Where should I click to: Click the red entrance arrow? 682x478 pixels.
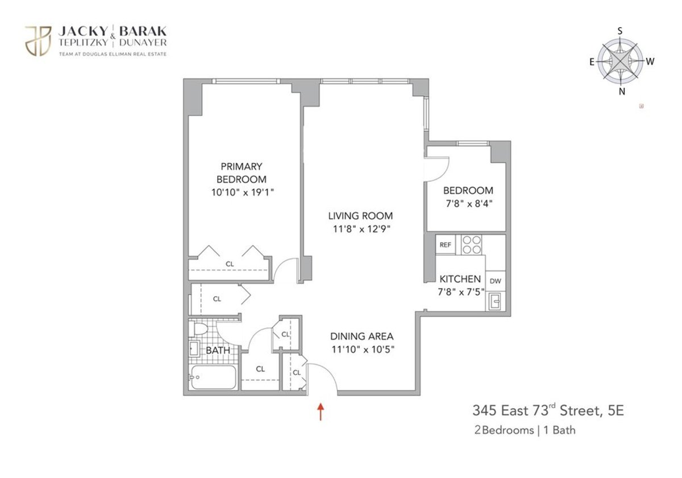321,411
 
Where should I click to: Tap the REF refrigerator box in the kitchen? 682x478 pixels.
445,245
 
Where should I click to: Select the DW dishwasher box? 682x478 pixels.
495,280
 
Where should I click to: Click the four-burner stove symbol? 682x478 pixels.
471,245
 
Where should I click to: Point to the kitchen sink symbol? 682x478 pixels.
494,301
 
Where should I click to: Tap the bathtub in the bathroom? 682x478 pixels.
213,377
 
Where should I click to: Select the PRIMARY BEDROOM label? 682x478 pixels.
242,173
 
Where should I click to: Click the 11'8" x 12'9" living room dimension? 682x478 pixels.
360,229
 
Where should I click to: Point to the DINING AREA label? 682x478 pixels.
362,336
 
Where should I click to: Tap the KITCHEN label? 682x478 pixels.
460,279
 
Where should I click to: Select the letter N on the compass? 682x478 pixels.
621,91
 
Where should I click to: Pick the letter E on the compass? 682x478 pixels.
592,62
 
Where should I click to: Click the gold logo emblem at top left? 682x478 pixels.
38,40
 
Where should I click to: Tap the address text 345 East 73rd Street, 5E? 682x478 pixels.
548,410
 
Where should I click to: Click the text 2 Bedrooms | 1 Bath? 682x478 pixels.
525,430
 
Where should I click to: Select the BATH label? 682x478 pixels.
218,351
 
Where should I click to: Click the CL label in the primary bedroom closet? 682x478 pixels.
230,264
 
